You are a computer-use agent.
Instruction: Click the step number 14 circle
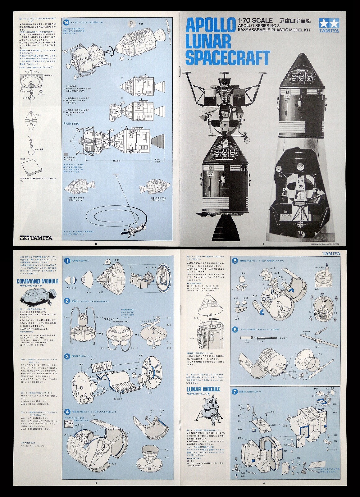66,22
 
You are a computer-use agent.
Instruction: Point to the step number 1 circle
67,261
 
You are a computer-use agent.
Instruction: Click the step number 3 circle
67,356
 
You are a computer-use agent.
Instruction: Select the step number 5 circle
235,261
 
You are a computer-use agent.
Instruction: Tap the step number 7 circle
235,391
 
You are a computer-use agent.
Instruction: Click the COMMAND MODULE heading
37,281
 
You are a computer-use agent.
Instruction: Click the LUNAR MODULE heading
203,389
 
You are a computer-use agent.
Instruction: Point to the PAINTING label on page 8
71,124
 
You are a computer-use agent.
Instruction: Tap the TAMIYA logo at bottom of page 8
36,238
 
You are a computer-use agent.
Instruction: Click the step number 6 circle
235,329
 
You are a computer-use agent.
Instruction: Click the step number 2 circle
67,301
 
